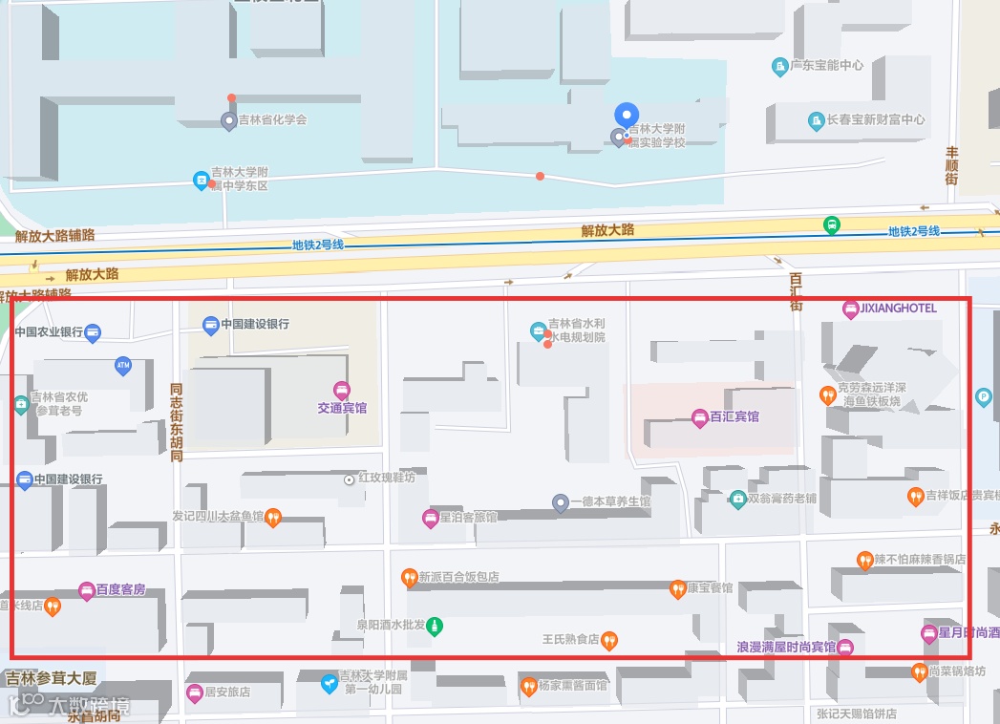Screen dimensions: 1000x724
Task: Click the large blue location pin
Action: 626,117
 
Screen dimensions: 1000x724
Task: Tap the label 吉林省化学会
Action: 272,120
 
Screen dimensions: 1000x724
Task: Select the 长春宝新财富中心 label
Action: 875,120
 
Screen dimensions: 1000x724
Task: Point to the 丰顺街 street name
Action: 951,165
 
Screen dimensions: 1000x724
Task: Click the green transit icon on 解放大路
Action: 832,225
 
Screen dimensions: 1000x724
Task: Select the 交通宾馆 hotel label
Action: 342,408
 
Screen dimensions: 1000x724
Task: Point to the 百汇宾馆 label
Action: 734,417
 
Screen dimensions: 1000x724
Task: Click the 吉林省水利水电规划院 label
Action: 576,330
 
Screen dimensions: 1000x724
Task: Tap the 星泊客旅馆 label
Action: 467,518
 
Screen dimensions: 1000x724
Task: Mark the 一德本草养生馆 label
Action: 616,501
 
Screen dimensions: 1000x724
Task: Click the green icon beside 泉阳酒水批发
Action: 435,626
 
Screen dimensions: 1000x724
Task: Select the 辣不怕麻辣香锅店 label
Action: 919,559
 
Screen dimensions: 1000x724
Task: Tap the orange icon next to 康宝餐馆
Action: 677,588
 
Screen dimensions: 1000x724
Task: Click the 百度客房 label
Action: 120,590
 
